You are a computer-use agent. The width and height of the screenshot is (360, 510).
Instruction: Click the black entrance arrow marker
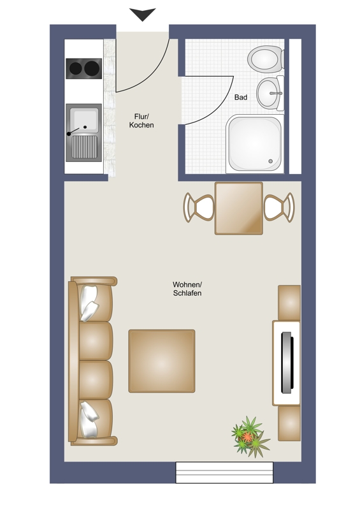point(143,14)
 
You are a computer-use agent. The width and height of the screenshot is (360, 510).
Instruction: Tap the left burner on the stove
point(75,68)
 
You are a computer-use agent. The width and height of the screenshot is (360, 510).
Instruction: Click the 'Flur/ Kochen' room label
point(141,120)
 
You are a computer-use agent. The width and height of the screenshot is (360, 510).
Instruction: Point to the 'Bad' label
point(241,98)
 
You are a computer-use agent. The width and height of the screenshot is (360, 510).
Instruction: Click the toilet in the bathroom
point(266,59)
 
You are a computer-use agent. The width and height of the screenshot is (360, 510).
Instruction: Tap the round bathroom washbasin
point(270,93)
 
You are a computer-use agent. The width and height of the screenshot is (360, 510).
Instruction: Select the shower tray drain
point(270,161)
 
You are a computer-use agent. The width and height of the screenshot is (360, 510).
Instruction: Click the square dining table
point(239,208)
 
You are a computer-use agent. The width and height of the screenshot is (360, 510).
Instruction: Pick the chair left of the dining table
point(199,208)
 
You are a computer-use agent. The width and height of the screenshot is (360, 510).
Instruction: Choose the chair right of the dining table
point(279,208)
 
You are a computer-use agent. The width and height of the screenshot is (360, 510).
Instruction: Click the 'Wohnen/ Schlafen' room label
point(187,289)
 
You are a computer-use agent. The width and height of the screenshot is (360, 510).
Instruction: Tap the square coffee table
point(162,361)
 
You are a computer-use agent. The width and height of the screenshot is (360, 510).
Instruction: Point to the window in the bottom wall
point(224,472)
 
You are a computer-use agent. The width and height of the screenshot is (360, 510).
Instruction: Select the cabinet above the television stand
point(289,302)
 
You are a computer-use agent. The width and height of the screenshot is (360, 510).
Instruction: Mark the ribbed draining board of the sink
point(84,147)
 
